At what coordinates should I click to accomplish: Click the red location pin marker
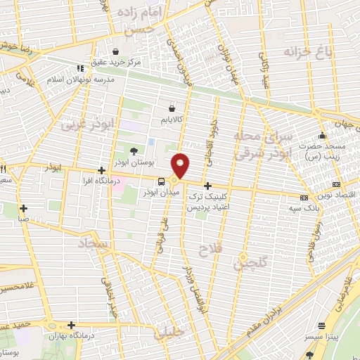[181, 165]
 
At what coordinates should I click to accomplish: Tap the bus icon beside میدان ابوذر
[162, 181]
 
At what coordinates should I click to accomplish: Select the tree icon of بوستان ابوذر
[134, 150]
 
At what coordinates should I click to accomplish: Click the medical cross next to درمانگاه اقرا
[102, 171]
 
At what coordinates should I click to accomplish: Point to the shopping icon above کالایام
[172, 109]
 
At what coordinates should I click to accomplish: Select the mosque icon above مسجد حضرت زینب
[322, 136]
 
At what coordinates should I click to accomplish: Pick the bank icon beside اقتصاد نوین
[304, 198]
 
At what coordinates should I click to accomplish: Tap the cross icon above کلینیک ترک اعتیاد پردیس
[207, 186]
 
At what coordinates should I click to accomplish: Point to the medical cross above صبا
[23, 208]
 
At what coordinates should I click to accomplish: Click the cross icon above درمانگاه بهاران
[71, 325]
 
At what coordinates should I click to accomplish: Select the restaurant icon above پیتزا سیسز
[322, 326]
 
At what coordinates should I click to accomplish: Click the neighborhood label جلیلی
[172, 330]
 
